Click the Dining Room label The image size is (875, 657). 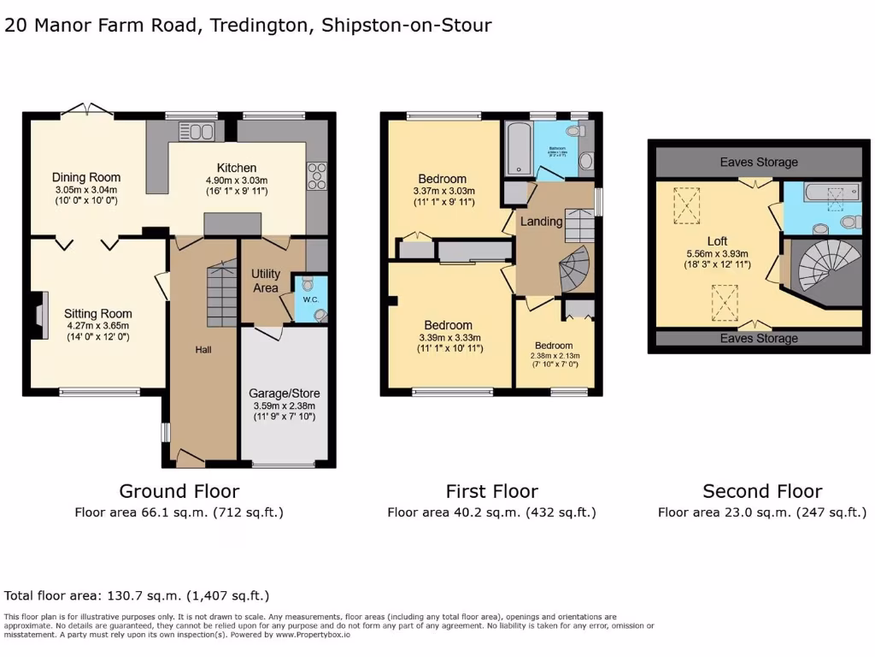[x=86, y=178]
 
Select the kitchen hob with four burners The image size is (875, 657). [x=314, y=175]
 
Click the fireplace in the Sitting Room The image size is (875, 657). [x=38, y=314]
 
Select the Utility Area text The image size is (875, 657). [x=266, y=281]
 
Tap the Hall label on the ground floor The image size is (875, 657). [x=203, y=350]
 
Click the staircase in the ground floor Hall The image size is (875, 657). [x=222, y=296]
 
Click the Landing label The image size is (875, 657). [x=542, y=222]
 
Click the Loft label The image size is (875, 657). [x=717, y=240]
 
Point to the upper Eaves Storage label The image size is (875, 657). [x=759, y=162]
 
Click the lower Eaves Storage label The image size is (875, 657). [x=759, y=339]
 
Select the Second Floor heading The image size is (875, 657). [x=762, y=491]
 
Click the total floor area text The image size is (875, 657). [x=137, y=595]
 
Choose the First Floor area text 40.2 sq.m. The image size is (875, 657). [x=491, y=512]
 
